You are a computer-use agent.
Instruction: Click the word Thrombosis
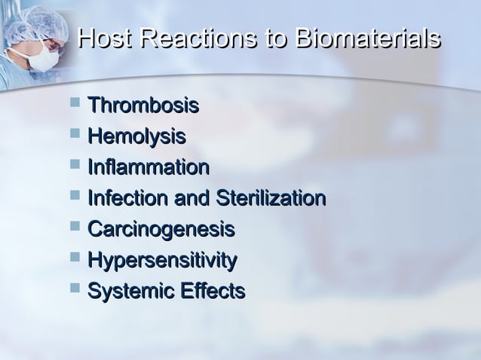(x=143, y=105)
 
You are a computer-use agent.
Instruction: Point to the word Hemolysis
(x=136, y=136)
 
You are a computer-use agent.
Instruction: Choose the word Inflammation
(x=149, y=167)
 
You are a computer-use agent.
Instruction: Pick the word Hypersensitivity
(x=162, y=260)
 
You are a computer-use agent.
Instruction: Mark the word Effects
(x=210, y=291)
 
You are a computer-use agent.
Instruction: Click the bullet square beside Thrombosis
(x=73, y=103)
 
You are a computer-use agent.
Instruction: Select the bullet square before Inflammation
(x=73, y=165)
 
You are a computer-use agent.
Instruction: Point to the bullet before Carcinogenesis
(x=73, y=227)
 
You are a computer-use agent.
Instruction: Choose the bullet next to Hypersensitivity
(x=73, y=258)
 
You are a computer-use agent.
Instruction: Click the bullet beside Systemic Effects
(x=73, y=288)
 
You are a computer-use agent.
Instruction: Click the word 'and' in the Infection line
(x=194, y=198)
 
